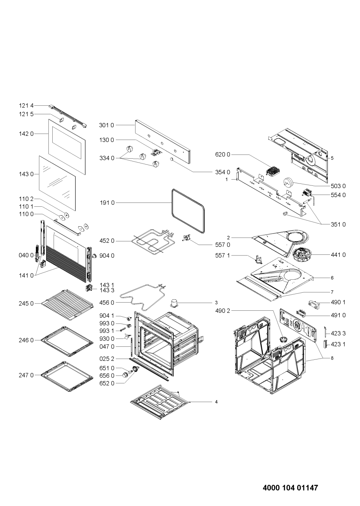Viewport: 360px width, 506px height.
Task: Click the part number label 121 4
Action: (x=26, y=106)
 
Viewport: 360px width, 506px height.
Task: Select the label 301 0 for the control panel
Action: (x=106, y=125)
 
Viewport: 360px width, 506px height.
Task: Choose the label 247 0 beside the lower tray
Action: (x=26, y=375)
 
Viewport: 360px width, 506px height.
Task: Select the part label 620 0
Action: (x=223, y=154)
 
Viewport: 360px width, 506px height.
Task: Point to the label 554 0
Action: (x=338, y=195)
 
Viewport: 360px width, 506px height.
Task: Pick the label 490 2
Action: (x=223, y=311)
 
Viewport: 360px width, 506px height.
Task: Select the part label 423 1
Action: (x=338, y=344)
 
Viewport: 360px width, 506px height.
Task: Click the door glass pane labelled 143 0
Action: (x=57, y=183)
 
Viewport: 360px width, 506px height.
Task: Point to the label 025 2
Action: (x=107, y=359)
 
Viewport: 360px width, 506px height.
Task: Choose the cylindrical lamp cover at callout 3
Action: (x=174, y=303)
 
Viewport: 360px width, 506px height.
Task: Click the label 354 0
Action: (x=223, y=172)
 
